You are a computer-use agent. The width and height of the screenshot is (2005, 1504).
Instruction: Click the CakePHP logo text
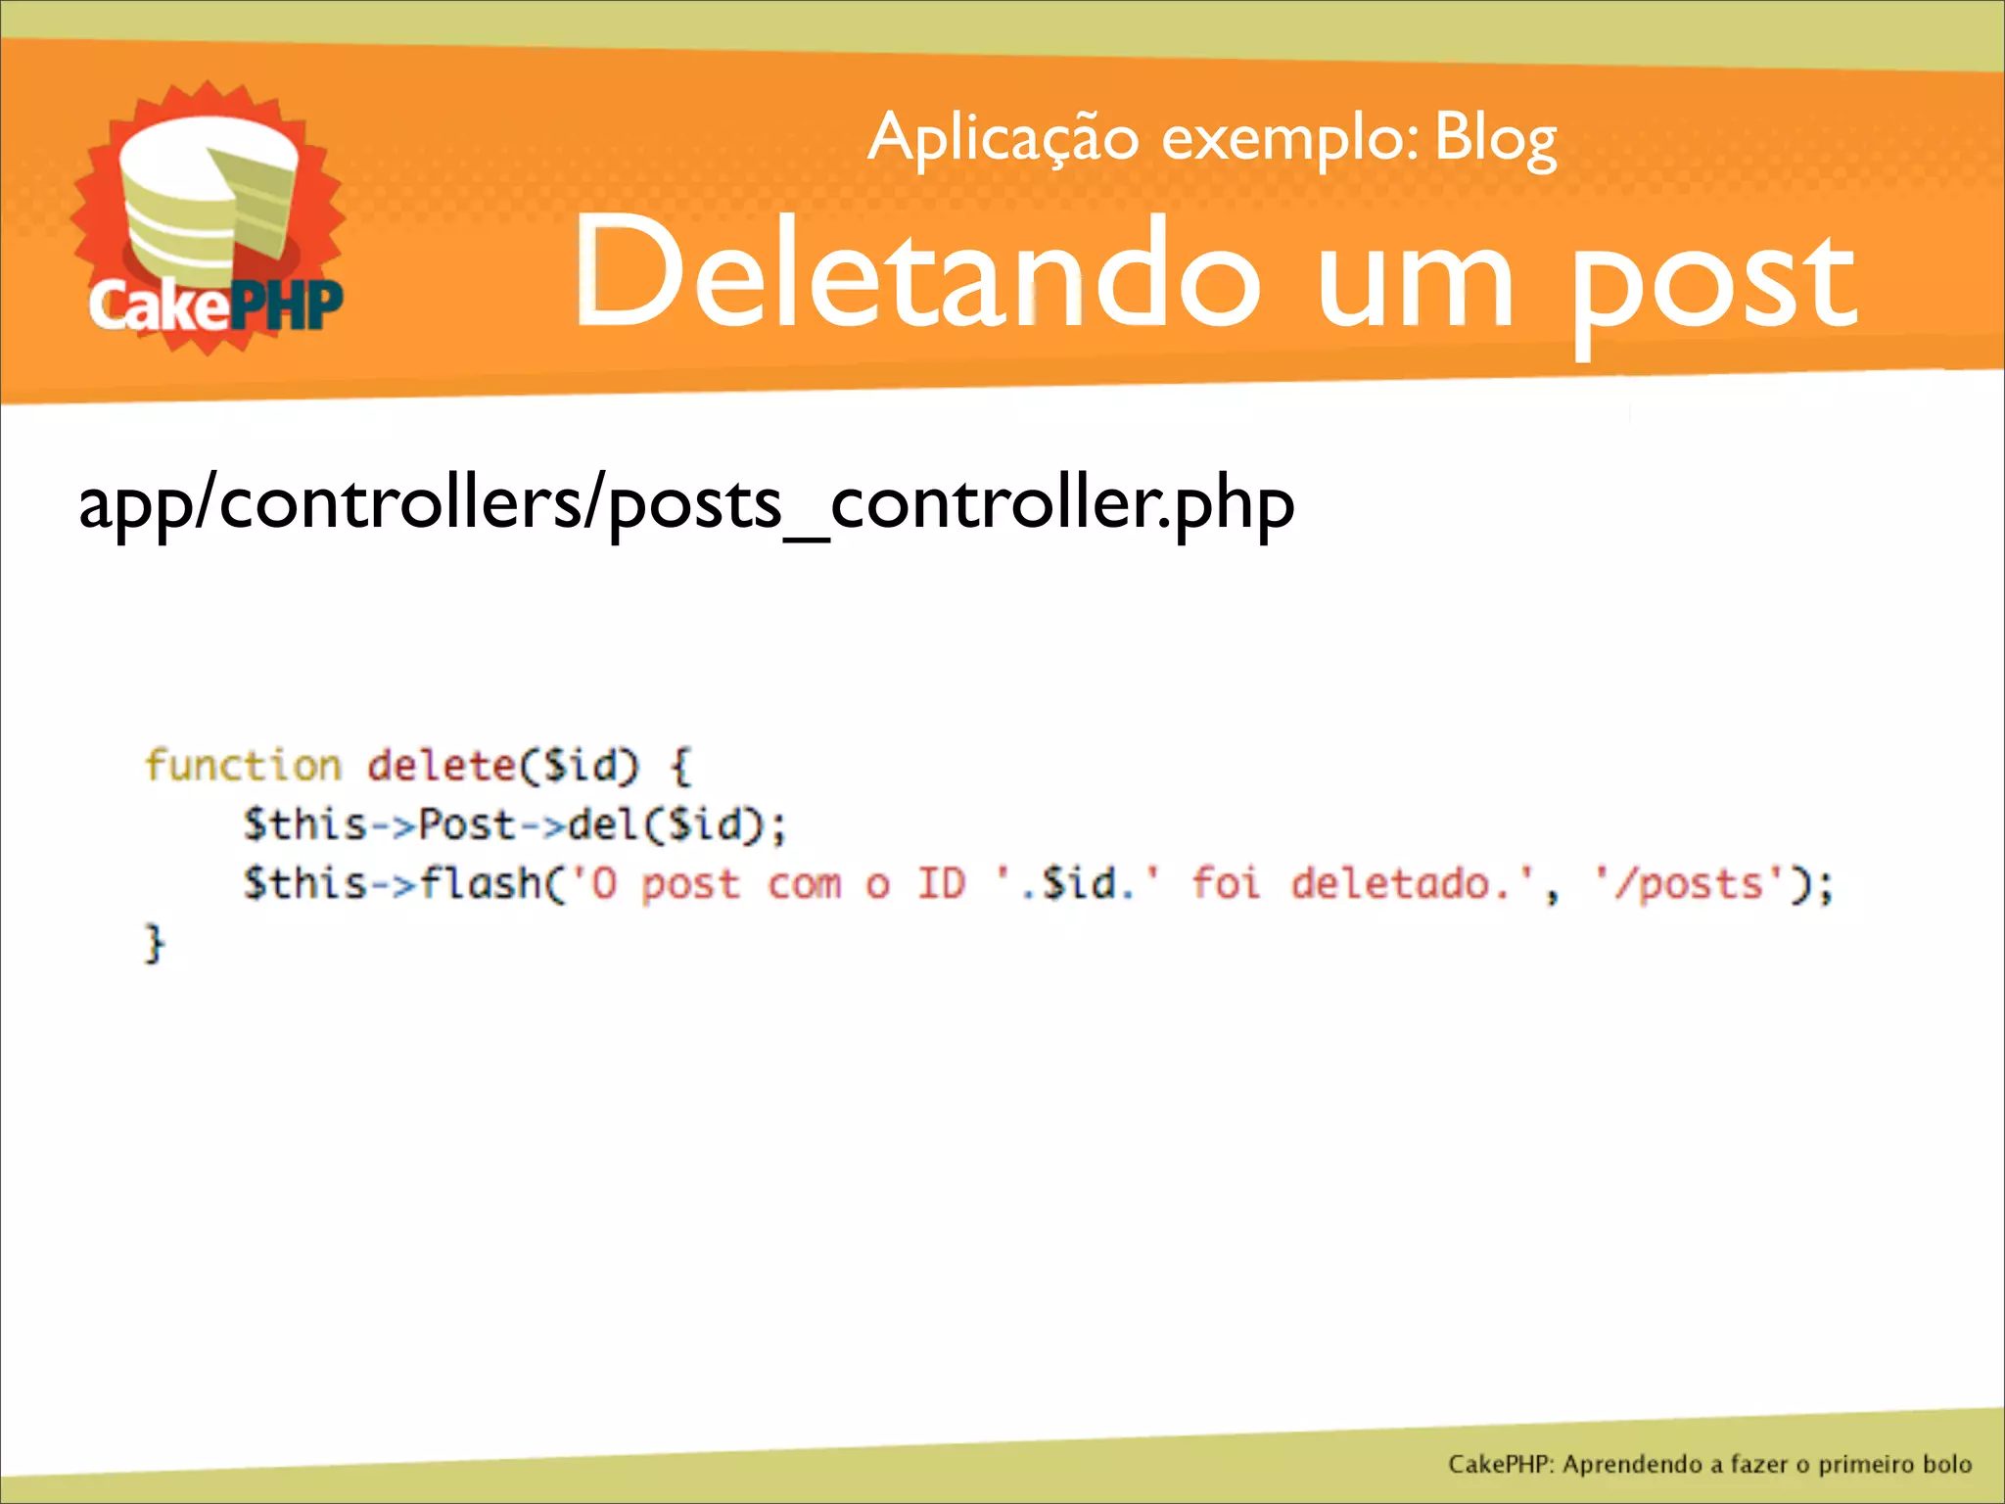[x=215, y=305]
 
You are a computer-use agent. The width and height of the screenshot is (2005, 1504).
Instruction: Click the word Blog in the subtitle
[x=1495, y=140]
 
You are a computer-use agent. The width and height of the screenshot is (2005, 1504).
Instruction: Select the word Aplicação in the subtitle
[x=1002, y=140]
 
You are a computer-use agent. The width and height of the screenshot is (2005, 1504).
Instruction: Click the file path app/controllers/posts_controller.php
[x=685, y=504]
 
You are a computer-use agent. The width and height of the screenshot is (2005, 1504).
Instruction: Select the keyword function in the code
[x=243, y=765]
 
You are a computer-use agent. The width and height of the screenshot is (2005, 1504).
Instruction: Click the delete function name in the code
[x=441, y=765]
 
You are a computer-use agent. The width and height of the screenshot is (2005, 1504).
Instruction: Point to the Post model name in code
[x=466, y=823]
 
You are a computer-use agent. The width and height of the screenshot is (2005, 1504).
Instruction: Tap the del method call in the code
[x=603, y=823]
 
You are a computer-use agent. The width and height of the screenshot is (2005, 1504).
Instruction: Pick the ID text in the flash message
[x=941, y=883]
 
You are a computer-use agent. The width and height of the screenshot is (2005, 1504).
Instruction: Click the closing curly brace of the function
[x=155, y=943]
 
